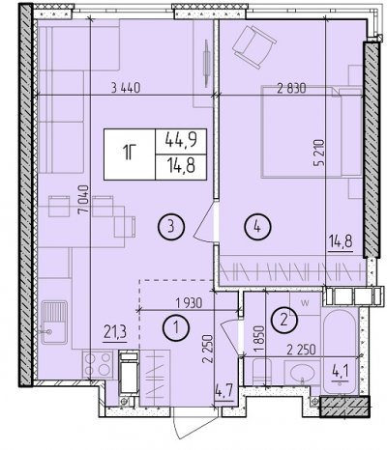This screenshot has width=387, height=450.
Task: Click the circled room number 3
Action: click(171, 227)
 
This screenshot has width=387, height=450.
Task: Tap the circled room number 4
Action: click(257, 227)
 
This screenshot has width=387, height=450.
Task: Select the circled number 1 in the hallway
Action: click(176, 327)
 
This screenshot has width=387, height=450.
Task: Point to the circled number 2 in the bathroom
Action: click(284, 320)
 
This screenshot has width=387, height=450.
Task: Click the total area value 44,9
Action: click(181, 141)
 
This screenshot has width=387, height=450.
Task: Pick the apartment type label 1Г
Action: click(130, 154)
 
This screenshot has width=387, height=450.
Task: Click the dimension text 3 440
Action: click(126, 88)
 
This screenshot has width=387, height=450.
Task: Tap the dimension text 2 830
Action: click(291, 88)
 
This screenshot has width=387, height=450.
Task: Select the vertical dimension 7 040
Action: click(84, 199)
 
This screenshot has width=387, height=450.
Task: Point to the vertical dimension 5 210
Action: click(319, 153)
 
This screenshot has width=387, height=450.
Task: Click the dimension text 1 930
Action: click(189, 303)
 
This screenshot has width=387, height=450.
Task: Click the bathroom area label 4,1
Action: click(340, 375)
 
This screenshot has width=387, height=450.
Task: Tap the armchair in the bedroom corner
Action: click(254, 46)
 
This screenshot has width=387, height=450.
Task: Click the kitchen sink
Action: click(54, 323)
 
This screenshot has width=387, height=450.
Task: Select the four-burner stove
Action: click(98, 365)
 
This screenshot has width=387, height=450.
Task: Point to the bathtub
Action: click(340, 352)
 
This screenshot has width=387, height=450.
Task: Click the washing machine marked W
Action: click(305, 303)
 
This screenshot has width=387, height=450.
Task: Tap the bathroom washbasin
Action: click(302, 373)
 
